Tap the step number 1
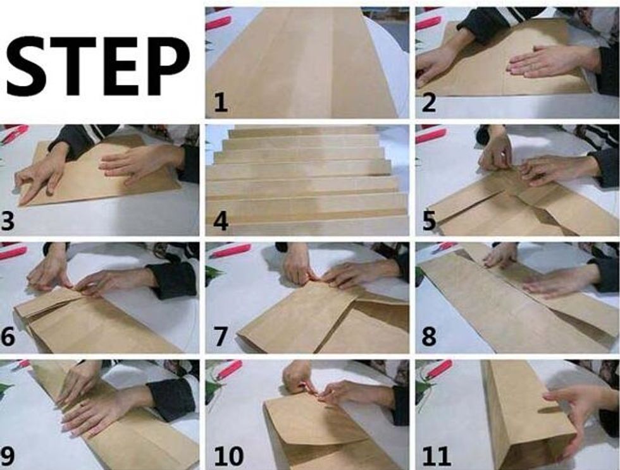coord(221,103)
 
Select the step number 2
coord(429,103)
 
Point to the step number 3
coord(8,220)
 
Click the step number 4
coord(221,220)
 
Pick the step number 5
coord(429,220)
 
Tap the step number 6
coord(8,337)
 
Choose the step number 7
coord(221,337)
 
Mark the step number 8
coord(429,337)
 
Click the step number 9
coord(8,455)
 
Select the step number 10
coord(228,455)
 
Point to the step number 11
coord(437,455)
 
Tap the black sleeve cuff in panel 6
coord(173,280)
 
